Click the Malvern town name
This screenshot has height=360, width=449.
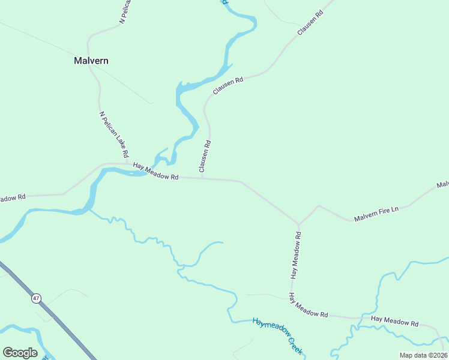(91, 61)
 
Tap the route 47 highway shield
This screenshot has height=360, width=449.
(37, 298)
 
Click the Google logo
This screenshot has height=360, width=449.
(20, 353)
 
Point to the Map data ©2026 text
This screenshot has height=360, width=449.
(423, 355)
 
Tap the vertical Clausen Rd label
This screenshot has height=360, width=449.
(205, 156)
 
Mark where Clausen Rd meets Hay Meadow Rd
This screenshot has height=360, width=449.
(202, 178)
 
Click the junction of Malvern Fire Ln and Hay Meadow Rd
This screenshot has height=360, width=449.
(298, 224)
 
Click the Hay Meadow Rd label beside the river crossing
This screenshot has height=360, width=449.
(156, 172)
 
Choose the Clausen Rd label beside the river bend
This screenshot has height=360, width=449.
(228, 86)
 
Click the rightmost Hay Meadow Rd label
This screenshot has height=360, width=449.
(394, 322)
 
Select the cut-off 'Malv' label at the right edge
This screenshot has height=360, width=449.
(443, 184)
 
